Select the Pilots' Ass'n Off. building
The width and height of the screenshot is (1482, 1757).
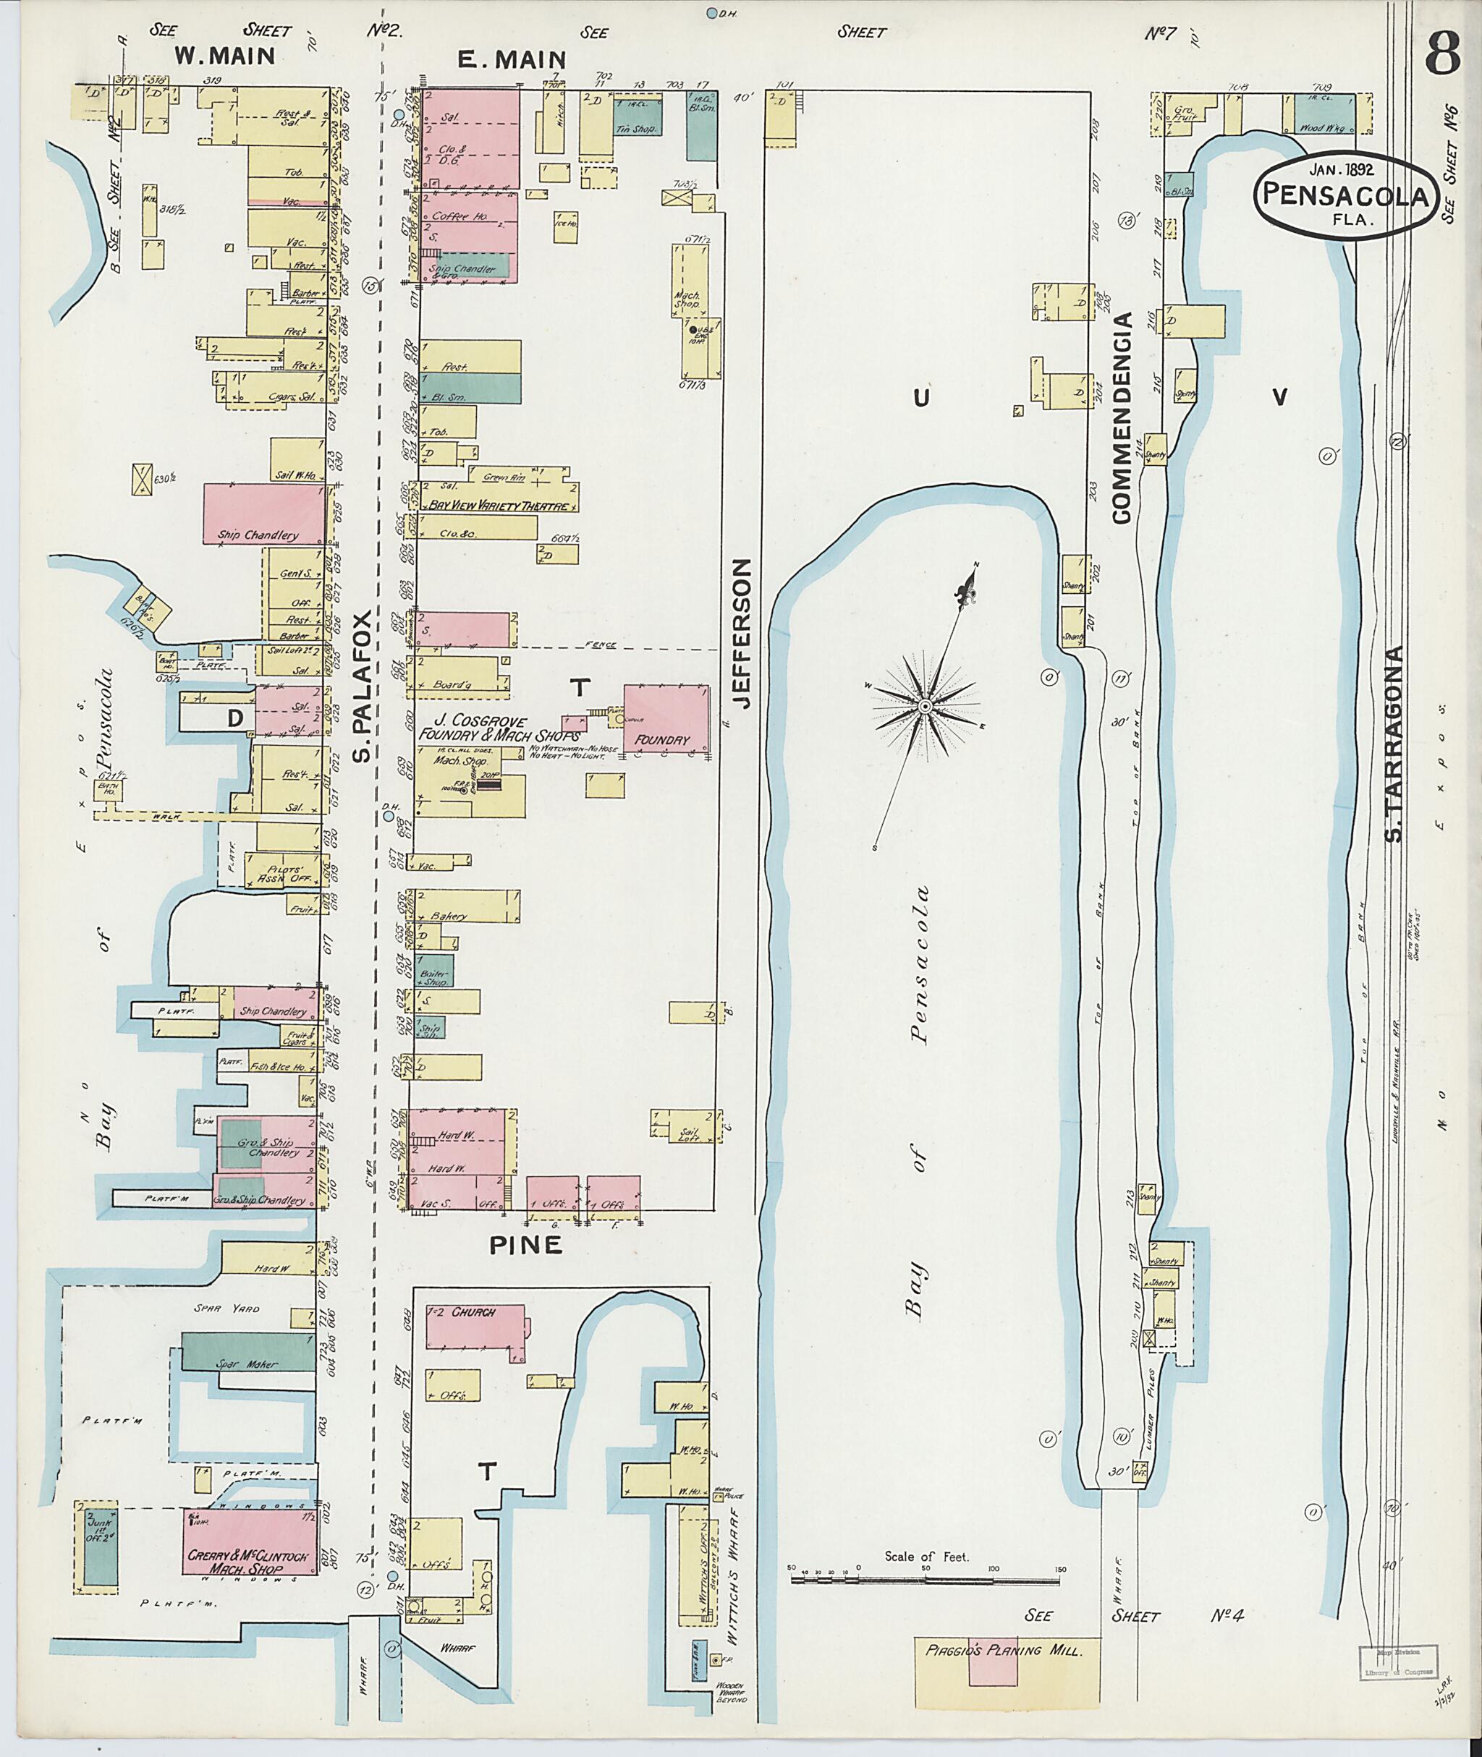click(283, 871)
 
